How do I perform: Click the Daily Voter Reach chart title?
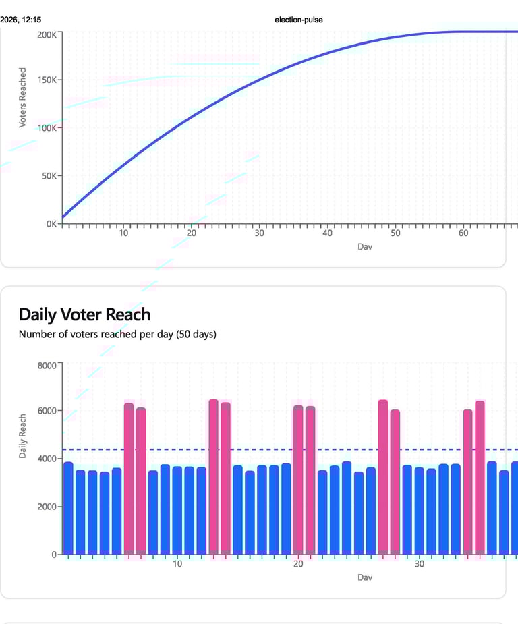tap(84, 314)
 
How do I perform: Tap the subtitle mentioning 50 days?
tap(117, 334)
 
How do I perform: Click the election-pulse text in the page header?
tap(298, 20)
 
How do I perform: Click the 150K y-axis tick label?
tap(47, 80)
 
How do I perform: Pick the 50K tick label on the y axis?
tap(49, 176)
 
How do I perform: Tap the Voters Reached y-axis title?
tap(23, 97)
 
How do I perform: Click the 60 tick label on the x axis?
tap(463, 233)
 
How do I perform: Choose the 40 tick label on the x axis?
tap(327, 233)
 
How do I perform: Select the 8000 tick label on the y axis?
tap(48, 365)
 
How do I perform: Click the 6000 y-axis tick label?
tap(48, 411)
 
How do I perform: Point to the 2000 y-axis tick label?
tap(48, 507)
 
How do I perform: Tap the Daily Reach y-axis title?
tap(23, 436)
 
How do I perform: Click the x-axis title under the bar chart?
tap(365, 577)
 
